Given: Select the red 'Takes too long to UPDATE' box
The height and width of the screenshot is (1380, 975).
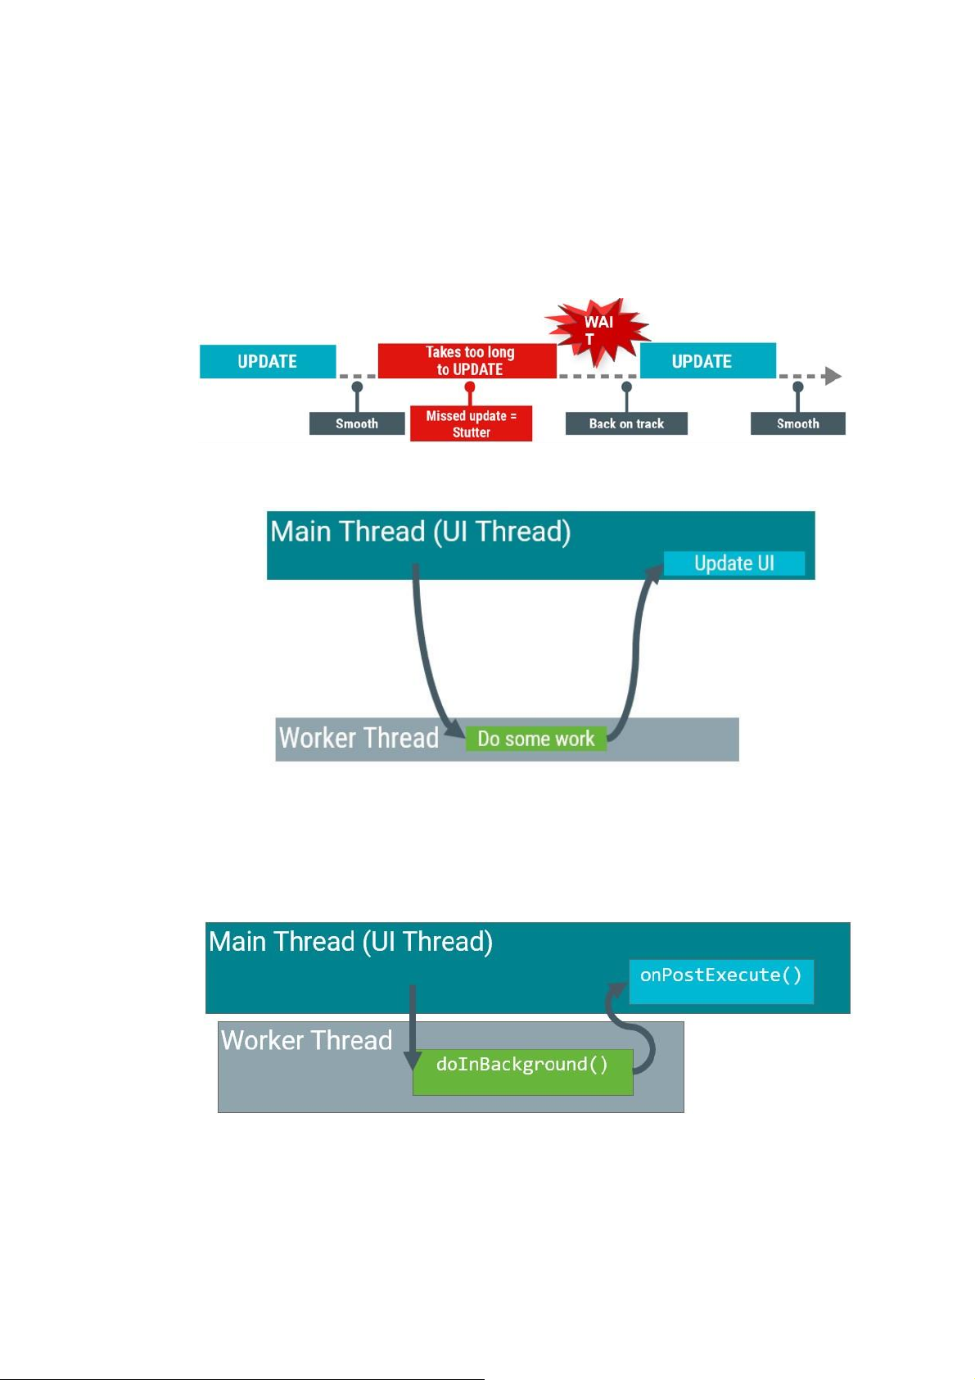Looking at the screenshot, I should coord(467,361).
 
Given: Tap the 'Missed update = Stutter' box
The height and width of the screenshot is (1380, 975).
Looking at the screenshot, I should coord(471,424).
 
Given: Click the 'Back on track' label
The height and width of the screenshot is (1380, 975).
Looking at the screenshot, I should coord(626,423).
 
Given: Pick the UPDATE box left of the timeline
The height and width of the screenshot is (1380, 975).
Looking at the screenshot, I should coord(268,361).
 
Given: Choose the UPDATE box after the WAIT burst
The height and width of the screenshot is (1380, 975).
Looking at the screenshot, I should coord(707,361).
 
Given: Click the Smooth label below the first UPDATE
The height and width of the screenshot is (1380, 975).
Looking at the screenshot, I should coord(357,423).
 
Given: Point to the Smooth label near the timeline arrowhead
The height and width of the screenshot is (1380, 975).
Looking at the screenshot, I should coord(797,423).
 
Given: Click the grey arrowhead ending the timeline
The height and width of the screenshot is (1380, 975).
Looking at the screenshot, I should coord(833,376).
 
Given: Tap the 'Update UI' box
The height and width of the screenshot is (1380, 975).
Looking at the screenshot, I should coord(734,563).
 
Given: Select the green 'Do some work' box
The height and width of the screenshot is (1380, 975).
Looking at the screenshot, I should coord(536,739).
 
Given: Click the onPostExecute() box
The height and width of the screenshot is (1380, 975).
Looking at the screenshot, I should coord(721,980).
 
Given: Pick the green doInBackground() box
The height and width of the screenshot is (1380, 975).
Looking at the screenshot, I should coord(522,1071).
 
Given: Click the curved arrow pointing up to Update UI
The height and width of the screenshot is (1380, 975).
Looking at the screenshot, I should coord(635,647).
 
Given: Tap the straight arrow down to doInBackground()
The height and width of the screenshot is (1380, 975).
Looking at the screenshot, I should coord(413,1024).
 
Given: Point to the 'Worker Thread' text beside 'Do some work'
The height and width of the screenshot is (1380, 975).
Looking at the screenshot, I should coord(359,738).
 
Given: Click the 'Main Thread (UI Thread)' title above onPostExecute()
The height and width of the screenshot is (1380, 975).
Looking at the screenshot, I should coord(350,942).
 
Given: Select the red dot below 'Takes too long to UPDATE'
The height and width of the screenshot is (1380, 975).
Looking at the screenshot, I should coord(470,387).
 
